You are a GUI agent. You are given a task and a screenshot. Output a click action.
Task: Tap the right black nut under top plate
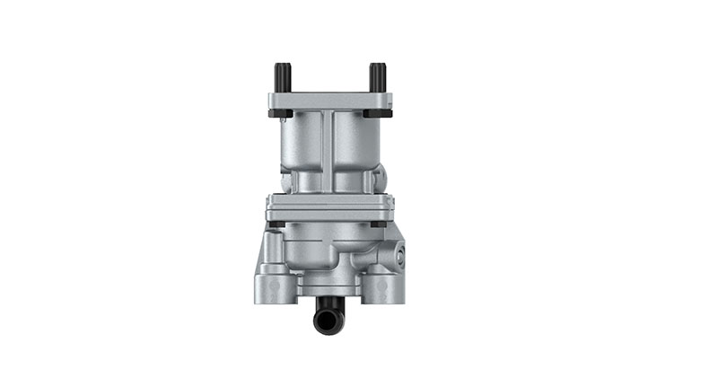[383, 114]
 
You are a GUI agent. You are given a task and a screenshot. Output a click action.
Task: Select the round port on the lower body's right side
[398, 255]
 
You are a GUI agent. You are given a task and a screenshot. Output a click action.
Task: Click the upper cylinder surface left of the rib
[303, 148]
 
